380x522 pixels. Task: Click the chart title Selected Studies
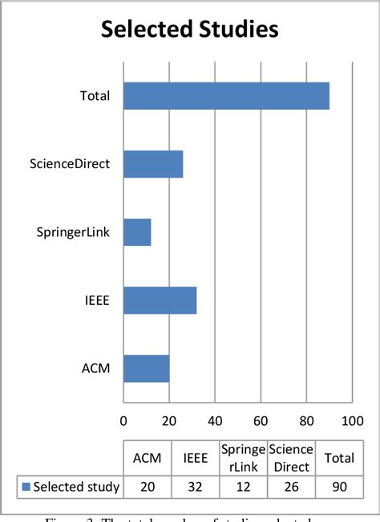tap(189, 30)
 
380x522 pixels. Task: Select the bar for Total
tap(226, 96)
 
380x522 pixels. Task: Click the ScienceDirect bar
tap(153, 164)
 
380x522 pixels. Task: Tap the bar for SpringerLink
tap(137, 232)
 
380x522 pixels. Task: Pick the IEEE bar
tap(160, 300)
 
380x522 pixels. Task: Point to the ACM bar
tap(146, 368)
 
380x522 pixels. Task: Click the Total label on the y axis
tap(95, 97)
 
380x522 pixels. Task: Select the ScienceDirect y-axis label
tap(69, 165)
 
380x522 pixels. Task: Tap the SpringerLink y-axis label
tap(72, 233)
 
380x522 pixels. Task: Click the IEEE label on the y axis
tap(96, 301)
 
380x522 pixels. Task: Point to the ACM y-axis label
tap(96, 369)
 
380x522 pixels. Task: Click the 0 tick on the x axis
tap(123, 420)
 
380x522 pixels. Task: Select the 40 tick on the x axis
tap(215, 420)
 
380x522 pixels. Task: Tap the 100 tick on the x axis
tap(352, 420)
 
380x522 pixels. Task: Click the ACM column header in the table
tap(146, 457)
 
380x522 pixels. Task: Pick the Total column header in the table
tap(338, 457)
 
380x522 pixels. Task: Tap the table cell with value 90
tap(338, 486)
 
